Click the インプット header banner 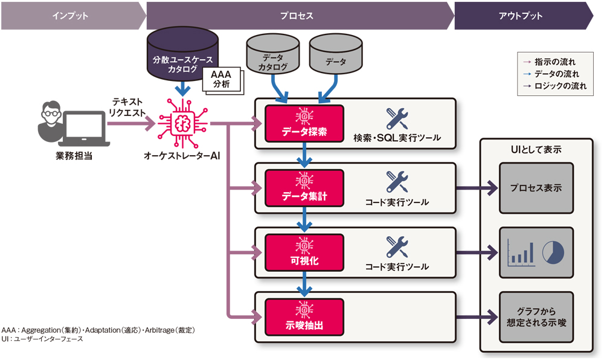72,16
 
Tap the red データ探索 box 304,124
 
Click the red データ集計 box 304,188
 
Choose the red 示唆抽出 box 304,317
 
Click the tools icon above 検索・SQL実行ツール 397,118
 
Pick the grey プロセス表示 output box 535,188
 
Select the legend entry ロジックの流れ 559,86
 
